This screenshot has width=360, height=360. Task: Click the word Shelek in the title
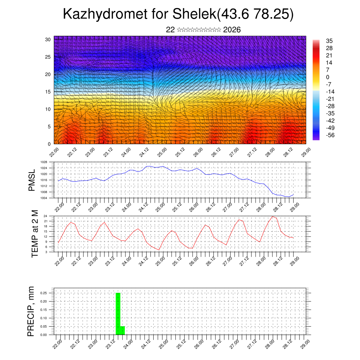click(195, 14)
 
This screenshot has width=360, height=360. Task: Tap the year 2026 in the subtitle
click(232, 30)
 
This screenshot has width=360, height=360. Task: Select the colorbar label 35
click(329, 41)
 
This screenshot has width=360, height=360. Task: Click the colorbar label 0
click(328, 77)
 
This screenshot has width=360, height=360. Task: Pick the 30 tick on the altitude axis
click(47, 39)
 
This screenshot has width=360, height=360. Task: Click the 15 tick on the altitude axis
click(47, 92)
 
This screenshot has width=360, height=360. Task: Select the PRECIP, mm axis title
click(32, 311)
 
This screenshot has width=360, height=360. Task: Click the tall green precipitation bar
click(118, 313)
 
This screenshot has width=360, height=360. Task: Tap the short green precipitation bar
click(122, 330)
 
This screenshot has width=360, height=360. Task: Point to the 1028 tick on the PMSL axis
click(44, 162)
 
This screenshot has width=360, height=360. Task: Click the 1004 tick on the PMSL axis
click(44, 198)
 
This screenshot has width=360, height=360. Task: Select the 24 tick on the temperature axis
click(46, 216)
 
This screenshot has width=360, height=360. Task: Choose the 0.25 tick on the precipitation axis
click(43, 293)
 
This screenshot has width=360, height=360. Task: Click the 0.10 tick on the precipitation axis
click(43, 318)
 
